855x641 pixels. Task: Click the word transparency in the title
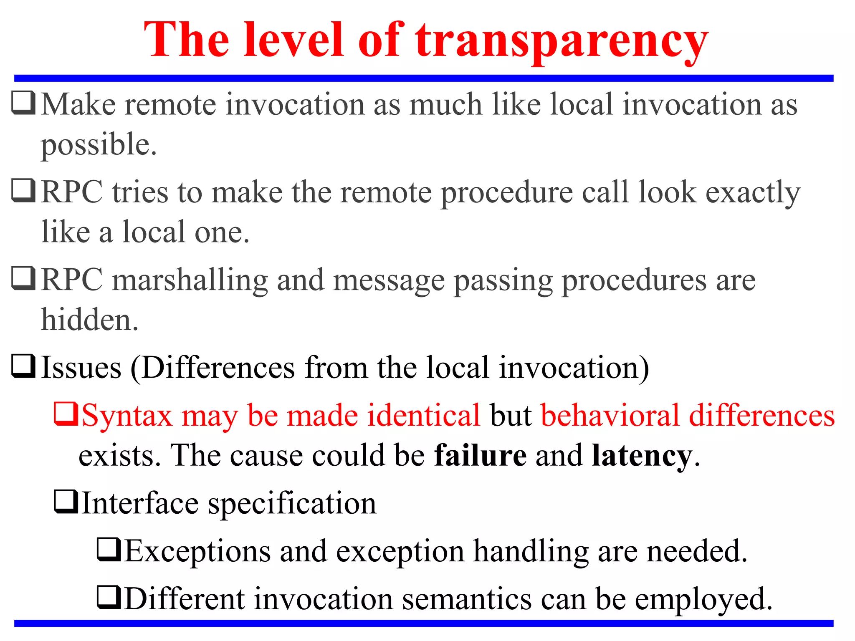561,42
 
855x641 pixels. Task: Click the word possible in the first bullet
99,145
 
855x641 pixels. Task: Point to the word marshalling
190,280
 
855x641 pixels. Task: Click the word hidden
89,320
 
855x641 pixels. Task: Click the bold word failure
480,456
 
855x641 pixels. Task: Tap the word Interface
140,504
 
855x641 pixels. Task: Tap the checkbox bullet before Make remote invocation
23,103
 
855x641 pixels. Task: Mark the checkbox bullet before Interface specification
66,502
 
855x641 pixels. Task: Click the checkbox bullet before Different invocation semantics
109,598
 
